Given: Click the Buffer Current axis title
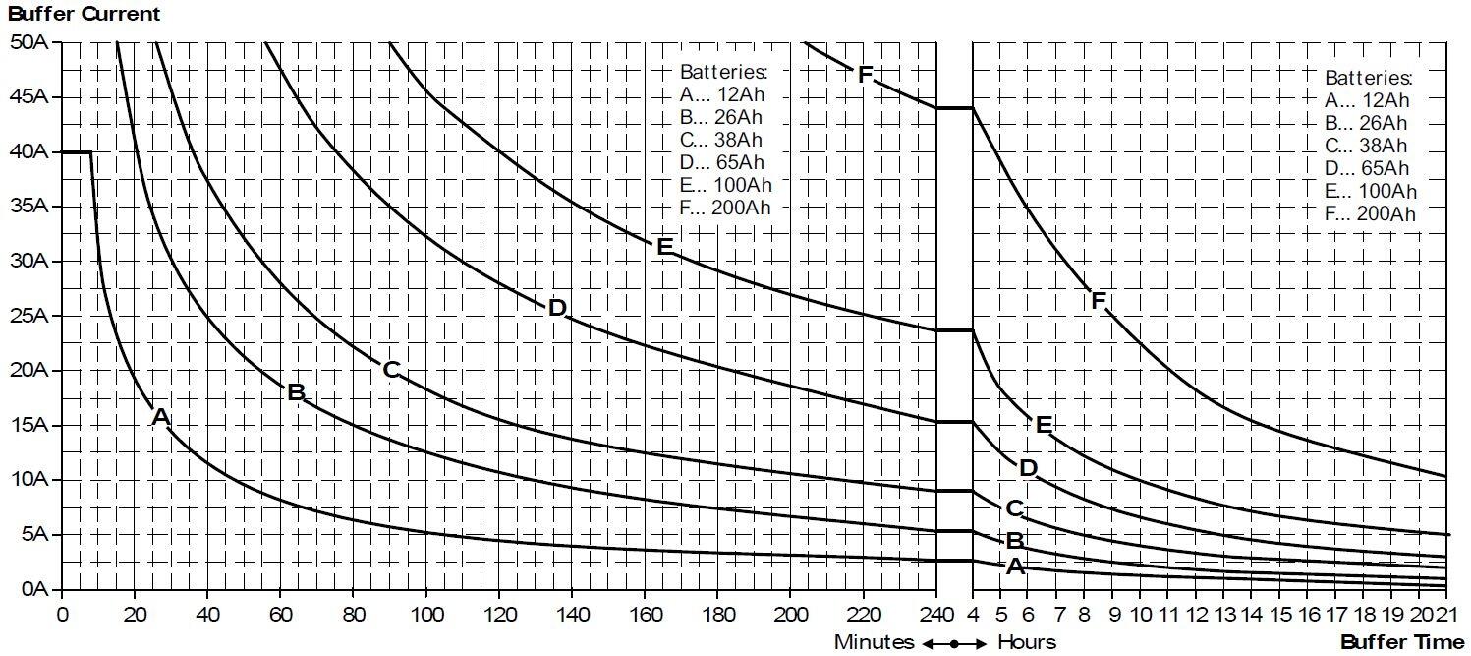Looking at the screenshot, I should coord(84,14).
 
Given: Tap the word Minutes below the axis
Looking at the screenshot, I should coord(874,642).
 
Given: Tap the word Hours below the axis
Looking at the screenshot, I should coord(1027,642).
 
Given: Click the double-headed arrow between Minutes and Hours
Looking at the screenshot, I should coord(954,643).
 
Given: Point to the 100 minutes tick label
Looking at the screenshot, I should coord(425,615).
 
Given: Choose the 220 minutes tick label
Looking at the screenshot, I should coord(863,615).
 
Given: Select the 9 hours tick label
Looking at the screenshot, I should coord(1114,615).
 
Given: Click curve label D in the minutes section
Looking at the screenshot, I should coord(557,308).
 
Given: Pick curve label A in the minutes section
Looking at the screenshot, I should coord(161,418).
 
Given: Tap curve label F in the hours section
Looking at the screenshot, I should coord(1099,301).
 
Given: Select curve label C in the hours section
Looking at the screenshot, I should coord(1014,508).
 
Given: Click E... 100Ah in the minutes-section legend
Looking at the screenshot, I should coord(725,185).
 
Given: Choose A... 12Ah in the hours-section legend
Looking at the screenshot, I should coord(1367,99).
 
